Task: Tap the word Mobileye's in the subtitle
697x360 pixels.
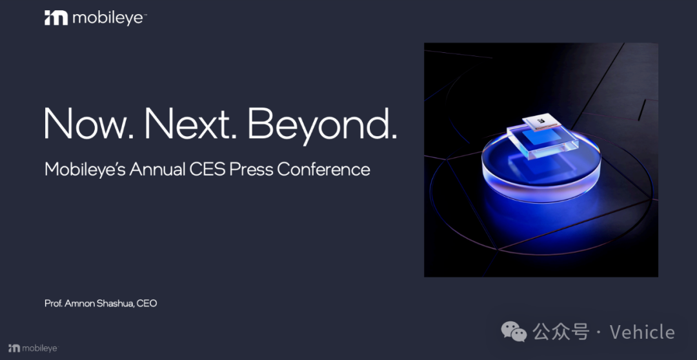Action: click(x=85, y=169)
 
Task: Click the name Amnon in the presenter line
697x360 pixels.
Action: click(x=77, y=304)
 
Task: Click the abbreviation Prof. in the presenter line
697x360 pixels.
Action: click(x=53, y=304)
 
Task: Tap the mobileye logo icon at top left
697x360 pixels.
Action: click(x=56, y=18)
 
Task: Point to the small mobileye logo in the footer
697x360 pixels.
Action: click(x=33, y=348)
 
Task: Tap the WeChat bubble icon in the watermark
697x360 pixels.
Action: click(x=514, y=332)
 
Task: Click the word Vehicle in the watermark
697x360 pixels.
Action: click(x=642, y=332)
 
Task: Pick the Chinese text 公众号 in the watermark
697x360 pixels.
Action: click(x=561, y=332)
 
